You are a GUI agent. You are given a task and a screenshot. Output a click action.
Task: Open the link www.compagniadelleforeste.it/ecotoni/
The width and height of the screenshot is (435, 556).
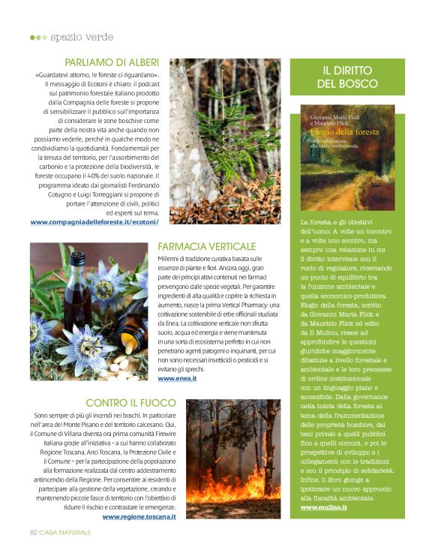[x=94, y=221]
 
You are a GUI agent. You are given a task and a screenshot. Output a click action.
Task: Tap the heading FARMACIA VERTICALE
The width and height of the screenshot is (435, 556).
[x=207, y=246]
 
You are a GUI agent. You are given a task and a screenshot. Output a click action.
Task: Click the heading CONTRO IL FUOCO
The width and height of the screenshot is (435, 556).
[x=131, y=402]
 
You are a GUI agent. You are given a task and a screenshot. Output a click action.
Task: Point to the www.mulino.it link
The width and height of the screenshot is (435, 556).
[x=323, y=507]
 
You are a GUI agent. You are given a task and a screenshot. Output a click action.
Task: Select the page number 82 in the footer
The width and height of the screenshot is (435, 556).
[x=34, y=531]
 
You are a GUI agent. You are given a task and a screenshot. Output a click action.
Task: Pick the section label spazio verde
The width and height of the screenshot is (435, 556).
[x=82, y=37]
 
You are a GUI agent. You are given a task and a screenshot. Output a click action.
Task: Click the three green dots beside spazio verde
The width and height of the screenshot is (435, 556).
[x=37, y=37]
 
